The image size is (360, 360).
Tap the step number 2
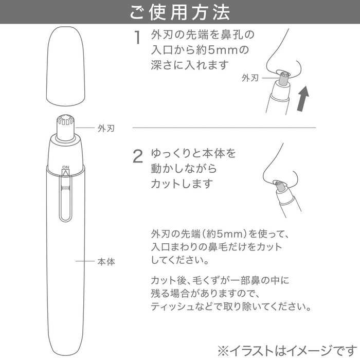[x=137, y=157]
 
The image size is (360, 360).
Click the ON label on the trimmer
[x=65, y=167]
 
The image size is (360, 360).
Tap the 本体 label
[x=106, y=262]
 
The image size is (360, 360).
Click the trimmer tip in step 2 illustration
[x=279, y=185]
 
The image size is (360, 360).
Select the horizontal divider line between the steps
[x=224, y=128]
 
